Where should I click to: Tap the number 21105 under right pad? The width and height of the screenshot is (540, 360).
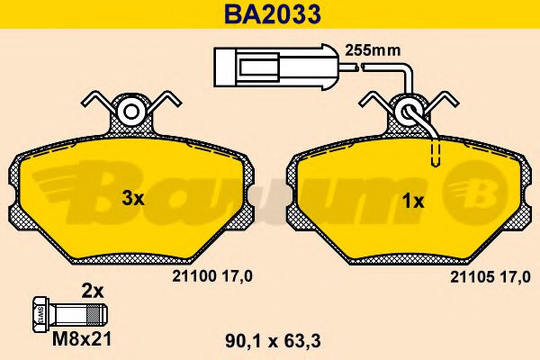pos(468,280)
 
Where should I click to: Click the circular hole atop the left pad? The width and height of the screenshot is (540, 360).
pos(132,112)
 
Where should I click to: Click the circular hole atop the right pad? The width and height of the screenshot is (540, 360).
pos(410,112)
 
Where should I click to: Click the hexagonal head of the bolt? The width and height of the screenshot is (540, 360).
pos(40,315)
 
